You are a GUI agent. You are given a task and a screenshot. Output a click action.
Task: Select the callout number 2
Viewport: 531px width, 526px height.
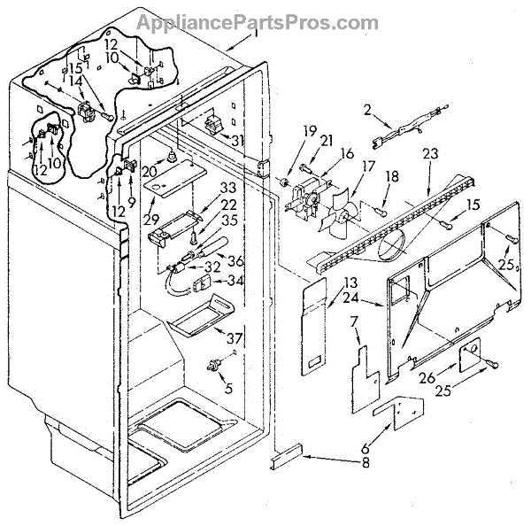(x=366, y=110)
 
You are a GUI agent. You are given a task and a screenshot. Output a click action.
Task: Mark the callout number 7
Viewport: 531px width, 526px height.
(x=353, y=320)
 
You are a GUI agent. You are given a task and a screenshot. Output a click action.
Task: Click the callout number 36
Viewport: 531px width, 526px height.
(x=236, y=260)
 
